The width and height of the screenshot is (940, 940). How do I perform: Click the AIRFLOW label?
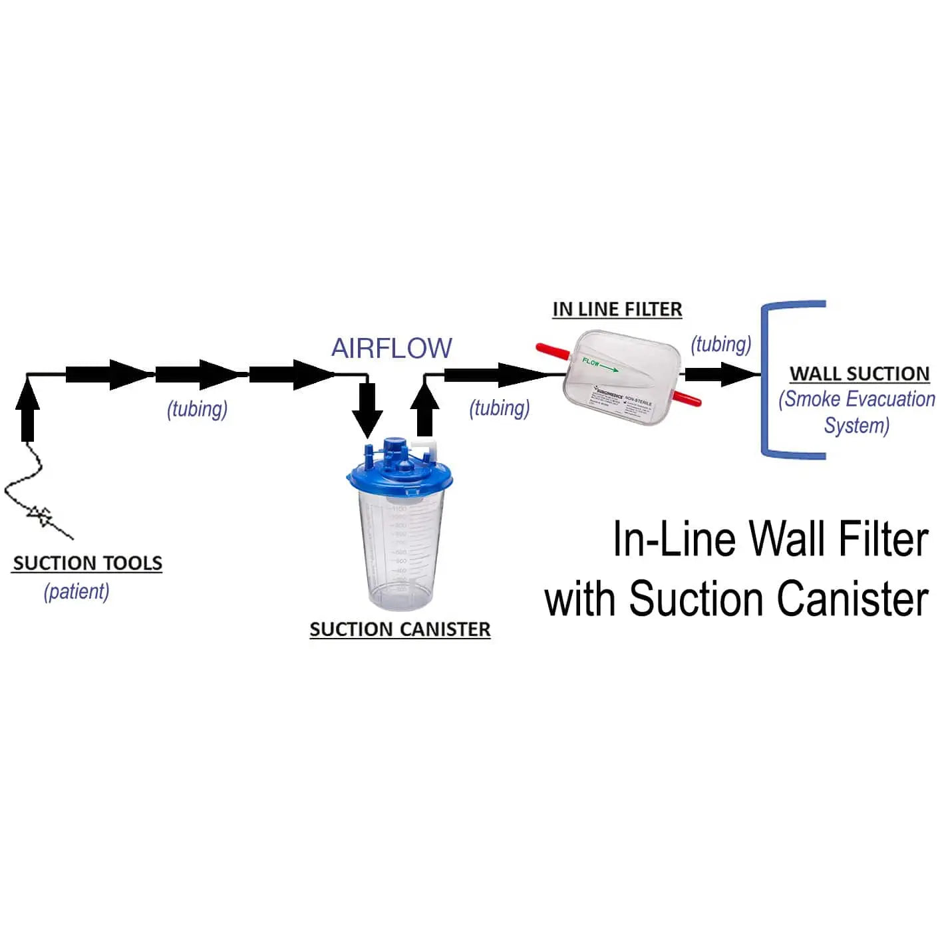tap(391, 349)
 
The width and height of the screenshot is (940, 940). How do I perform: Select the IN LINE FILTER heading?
tap(617, 309)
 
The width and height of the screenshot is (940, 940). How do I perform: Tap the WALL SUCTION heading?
tap(859, 374)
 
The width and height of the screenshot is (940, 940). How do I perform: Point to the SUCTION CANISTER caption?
tap(400, 629)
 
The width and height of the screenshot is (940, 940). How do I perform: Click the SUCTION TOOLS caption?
tap(87, 563)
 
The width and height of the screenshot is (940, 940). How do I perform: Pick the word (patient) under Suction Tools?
tap(77, 591)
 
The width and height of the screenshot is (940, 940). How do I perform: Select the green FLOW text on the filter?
tap(591, 363)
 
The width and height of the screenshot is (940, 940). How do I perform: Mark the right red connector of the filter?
tap(685, 398)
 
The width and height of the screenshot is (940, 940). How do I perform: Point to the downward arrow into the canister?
tap(367, 409)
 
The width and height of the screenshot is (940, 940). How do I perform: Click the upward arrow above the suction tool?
tap(27, 412)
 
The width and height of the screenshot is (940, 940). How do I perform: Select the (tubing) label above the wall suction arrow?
tap(720, 344)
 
